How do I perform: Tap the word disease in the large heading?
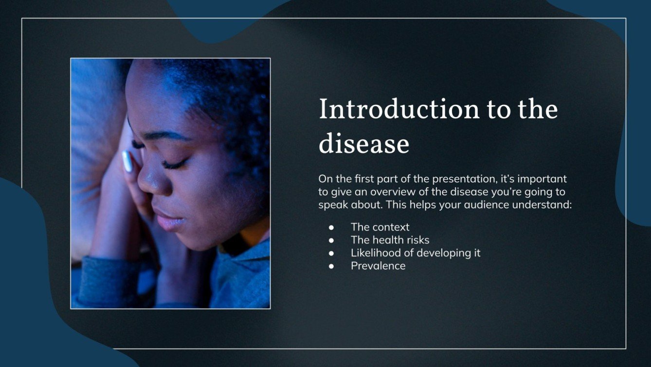click(x=363, y=144)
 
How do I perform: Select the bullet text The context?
click(x=380, y=227)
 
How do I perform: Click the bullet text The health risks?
click(x=390, y=240)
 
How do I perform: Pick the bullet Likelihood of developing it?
click(x=416, y=253)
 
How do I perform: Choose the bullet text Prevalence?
click(x=378, y=266)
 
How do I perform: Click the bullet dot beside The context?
click(x=332, y=228)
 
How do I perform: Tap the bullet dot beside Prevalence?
click(x=332, y=266)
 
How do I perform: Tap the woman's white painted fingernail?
click(x=127, y=161)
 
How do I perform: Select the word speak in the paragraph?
click(x=332, y=205)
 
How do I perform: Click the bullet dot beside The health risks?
click(x=332, y=240)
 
